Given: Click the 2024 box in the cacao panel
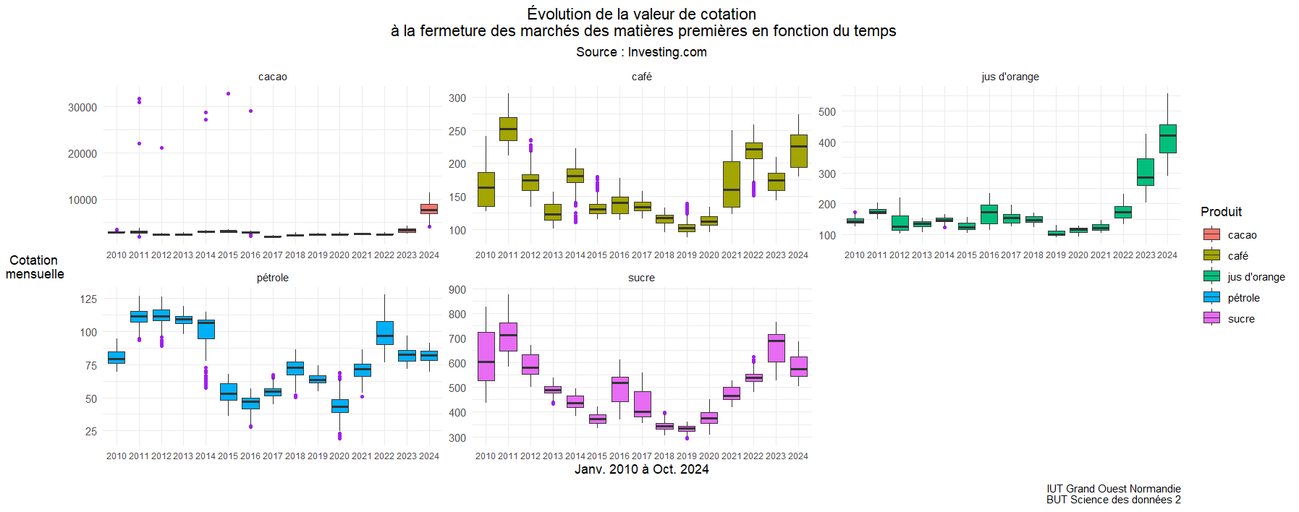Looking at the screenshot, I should point(429,209).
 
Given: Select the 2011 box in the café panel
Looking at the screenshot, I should point(508,129).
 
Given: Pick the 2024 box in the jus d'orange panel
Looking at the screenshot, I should point(1167,138).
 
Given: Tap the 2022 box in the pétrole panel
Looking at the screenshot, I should point(384,333).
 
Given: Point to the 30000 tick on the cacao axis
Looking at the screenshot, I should point(82,107).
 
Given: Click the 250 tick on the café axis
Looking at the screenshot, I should point(457,131).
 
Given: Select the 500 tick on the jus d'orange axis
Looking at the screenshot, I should point(826,112).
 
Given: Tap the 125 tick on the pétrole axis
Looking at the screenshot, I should point(88,299).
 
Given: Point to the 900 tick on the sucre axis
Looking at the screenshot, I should point(457,289).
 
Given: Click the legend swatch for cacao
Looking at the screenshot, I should point(1211,234).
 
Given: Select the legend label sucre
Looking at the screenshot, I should point(1241,318).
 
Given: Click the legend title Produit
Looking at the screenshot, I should point(1221,212).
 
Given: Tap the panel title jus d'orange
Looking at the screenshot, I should point(1010,77).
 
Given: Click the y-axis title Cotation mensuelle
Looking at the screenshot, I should point(35,267).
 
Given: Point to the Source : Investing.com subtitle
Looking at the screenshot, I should point(641,52).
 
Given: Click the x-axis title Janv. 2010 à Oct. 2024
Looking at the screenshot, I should point(641,469).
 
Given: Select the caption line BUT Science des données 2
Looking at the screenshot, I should point(1113,500).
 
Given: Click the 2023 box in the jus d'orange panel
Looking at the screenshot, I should point(1145,172).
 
